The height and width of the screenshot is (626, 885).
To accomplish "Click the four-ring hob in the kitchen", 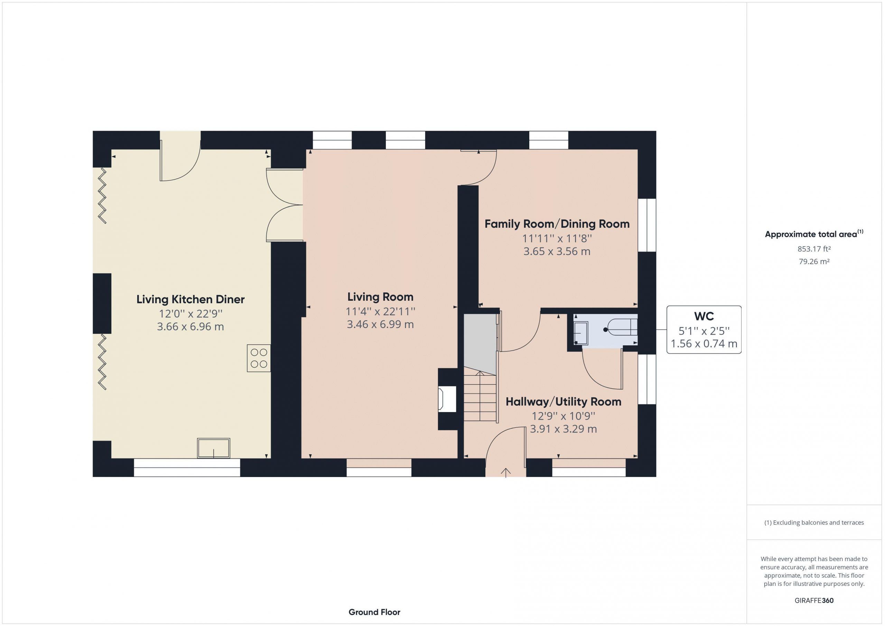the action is click(x=259, y=358).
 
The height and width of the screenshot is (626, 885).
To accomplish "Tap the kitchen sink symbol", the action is click(x=214, y=448).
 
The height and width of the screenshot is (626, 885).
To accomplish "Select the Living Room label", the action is click(x=380, y=297).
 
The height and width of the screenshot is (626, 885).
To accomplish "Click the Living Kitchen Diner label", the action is click(x=190, y=299).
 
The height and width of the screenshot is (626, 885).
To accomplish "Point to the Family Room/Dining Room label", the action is click(x=557, y=224).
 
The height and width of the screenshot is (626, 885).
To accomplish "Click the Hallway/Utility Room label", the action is click(x=563, y=402).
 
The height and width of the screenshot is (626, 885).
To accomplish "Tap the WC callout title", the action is click(x=704, y=317).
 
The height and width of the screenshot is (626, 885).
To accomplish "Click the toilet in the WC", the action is click(x=621, y=329).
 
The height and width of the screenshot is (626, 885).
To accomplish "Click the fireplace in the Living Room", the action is click(x=447, y=399).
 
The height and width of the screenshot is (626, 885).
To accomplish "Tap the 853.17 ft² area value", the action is click(x=814, y=249).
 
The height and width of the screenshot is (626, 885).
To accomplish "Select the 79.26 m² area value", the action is click(x=814, y=261).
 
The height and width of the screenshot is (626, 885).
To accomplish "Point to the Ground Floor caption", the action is click(x=374, y=612).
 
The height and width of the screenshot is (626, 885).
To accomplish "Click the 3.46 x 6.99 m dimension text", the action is click(x=380, y=324).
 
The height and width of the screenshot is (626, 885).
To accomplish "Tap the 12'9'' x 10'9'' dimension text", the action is click(x=563, y=416).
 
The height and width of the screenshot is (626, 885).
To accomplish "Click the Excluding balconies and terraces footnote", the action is click(x=814, y=523).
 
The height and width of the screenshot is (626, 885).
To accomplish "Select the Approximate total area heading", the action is click(x=814, y=234).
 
